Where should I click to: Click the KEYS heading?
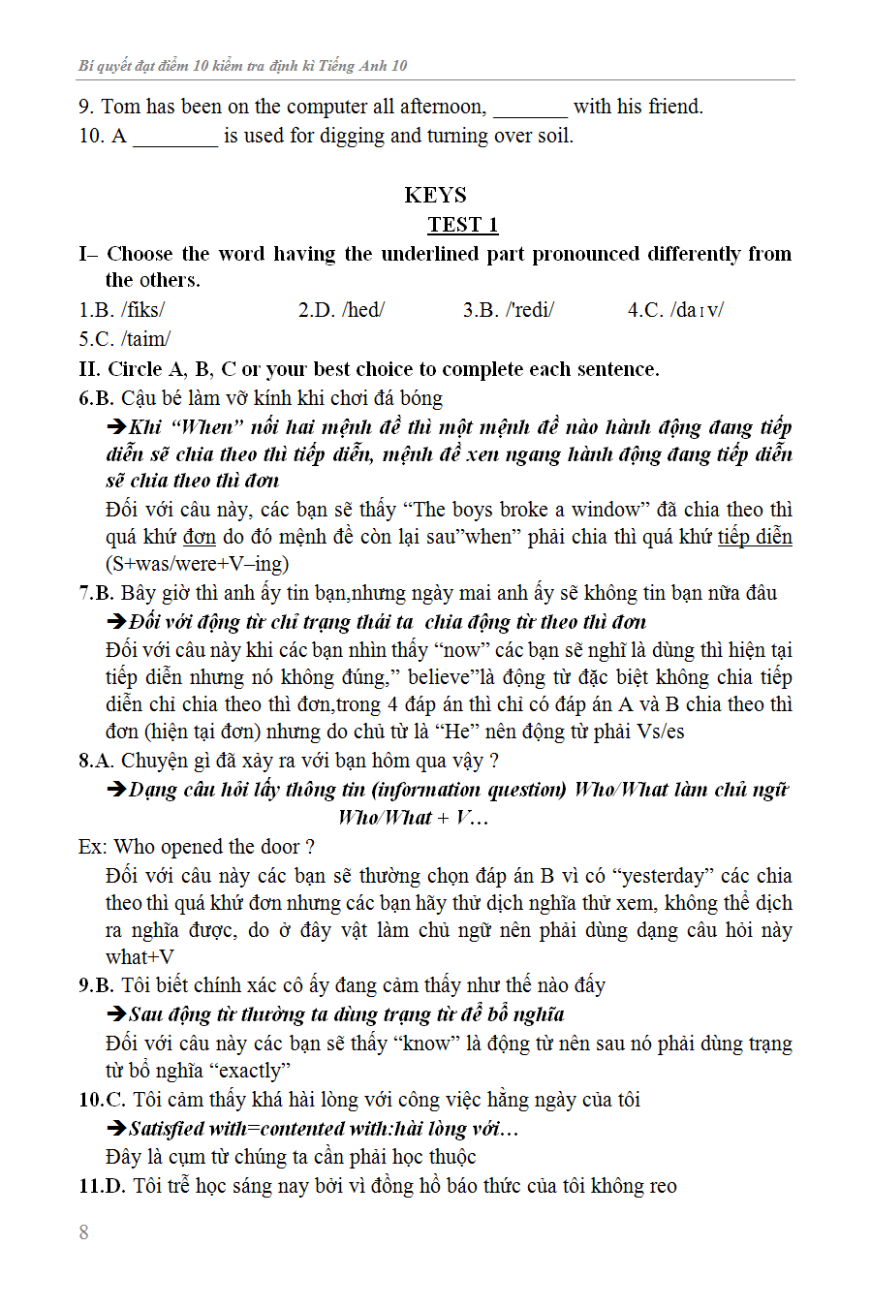click(x=435, y=195)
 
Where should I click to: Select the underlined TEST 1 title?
click(x=462, y=225)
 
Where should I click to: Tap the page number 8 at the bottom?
click(x=84, y=1232)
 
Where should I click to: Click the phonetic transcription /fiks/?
click(x=143, y=310)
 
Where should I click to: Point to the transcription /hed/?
click(x=362, y=310)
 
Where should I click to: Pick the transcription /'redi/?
click(x=530, y=310)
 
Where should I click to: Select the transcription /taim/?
click(x=146, y=339)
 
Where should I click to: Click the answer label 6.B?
click(x=96, y=398)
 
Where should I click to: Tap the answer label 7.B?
click(x=96, y=593)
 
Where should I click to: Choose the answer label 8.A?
click(x=96, y=761)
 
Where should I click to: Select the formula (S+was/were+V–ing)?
click(x=197, y=564)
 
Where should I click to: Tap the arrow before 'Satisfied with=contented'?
click(x=116, y=1129)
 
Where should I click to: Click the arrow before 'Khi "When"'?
click(x=116, y=427)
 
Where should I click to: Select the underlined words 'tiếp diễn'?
click(x=755, y=537)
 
